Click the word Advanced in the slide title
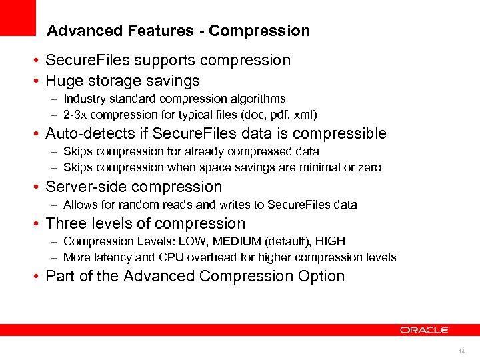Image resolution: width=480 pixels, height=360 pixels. pyautogui.click(x=76, y=31)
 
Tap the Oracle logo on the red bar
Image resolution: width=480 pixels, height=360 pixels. pyautogui.click(x=425, y=329)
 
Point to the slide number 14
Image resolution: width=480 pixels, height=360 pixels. pyautogui.click(x=462, y=351)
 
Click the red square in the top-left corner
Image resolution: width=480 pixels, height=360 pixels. pyautogui.click(x=17, y=17)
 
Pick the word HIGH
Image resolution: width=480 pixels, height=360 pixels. pyautogui.click(x=329, y=241)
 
